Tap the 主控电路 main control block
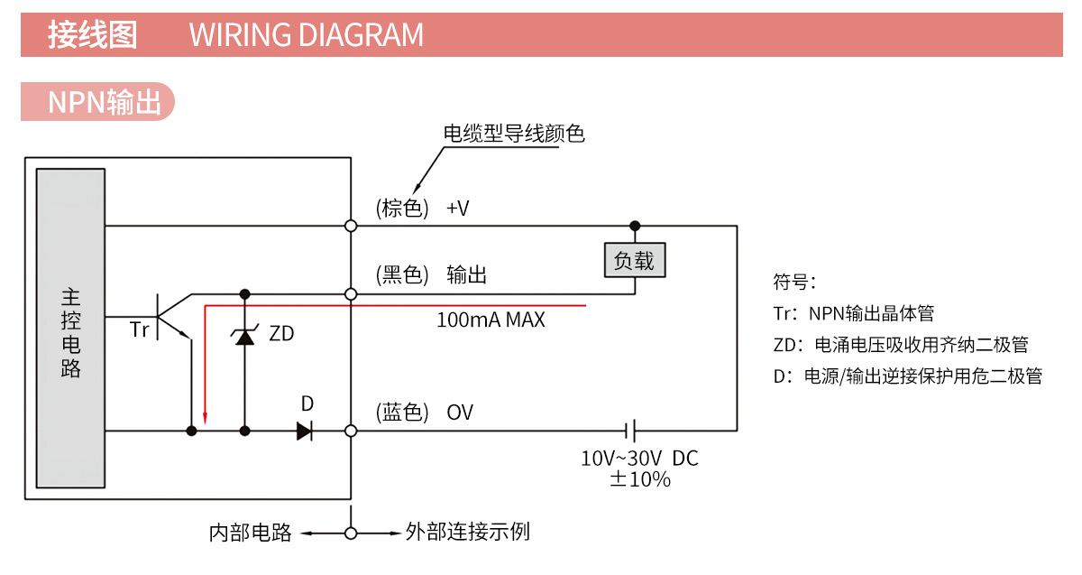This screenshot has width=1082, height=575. click(71, 329)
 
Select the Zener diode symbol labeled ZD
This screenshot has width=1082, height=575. click(244, 336)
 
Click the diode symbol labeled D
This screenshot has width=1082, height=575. click(305, 431)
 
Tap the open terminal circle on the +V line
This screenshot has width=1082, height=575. click(351, 225)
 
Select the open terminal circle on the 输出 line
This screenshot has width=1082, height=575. click(351, 294)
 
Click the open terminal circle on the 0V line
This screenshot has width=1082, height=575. click(351, 431)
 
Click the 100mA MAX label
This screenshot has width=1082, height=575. click(491, 320)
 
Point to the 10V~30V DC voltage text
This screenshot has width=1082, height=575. click(639, 459)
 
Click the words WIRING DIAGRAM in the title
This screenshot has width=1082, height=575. click(306, 35)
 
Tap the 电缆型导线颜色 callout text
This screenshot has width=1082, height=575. click(514, 134)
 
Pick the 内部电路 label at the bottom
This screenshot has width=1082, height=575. click(250, 533)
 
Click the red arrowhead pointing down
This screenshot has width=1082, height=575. click(206, 417)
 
